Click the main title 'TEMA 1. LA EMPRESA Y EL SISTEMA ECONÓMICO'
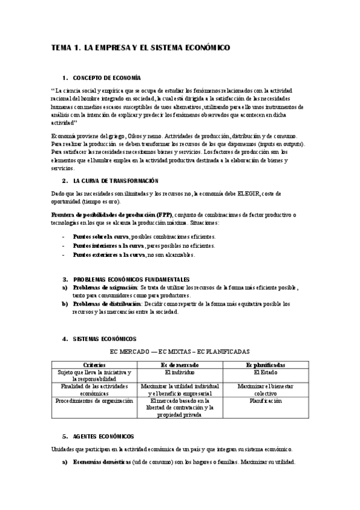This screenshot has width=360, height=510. pos(139,47)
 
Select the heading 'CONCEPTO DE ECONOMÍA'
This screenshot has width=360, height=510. pos(106,78)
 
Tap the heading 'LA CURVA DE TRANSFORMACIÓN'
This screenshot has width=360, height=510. pos(115,180)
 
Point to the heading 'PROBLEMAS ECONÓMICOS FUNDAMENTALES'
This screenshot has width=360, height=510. pos(131,280)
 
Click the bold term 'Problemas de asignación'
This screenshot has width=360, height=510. pos(105,288)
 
